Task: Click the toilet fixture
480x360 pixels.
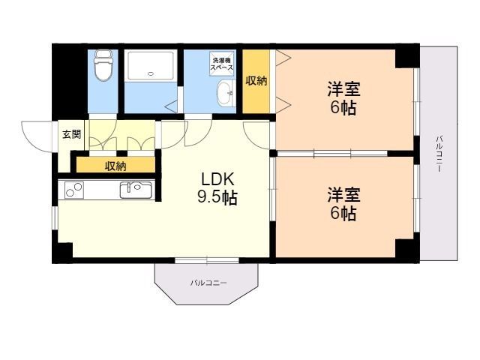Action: [103, 65]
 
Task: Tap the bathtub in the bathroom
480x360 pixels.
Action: [150, 66]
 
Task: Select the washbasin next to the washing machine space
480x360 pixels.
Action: [226, 93]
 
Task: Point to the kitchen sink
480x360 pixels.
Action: [136, 190]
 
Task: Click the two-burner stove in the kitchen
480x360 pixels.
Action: [73, 190]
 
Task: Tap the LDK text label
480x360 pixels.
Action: [217, 179]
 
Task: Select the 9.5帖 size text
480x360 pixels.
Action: [217, 197]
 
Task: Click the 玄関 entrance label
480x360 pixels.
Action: [72, 134]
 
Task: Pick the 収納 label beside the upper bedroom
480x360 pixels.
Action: [256, 80]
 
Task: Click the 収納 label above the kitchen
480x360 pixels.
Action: [115, 166]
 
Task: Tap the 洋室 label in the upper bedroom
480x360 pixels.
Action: [343, 89]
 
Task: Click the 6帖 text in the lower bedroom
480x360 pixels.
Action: [343, 213]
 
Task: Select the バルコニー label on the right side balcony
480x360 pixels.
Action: [439, 154]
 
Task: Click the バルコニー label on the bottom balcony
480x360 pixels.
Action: [208, 283]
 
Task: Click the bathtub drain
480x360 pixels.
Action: [150, 73]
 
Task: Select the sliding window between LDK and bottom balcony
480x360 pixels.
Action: [207, 260]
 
